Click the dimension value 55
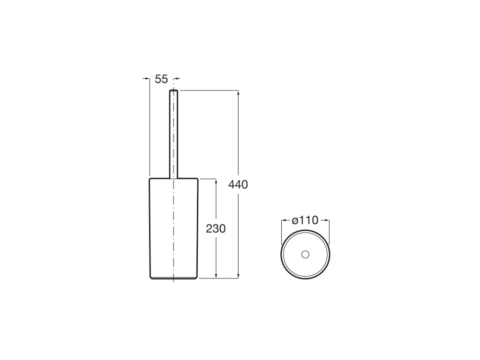tap(161, 79)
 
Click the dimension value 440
tap(238, 185)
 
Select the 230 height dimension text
tap(216, 229)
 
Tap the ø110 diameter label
tap(305, 220)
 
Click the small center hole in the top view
tap(305, 255)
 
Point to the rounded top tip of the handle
tap(173, 90)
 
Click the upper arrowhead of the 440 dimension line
tap(239, 93)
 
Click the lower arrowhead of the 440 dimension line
tap(239, 276)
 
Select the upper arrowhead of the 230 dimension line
tap(216, 181)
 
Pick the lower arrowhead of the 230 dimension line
tap(216, 276)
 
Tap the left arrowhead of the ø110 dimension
tap(284, 220)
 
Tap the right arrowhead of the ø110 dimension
tap(327, 220)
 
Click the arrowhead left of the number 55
tap(147, 79)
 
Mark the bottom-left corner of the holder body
tap(150, 277)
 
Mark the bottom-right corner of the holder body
tap(196, 277)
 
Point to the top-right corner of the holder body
tap(197, 179)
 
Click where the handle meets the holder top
tap(173, 178)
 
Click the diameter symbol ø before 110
tap(295, 220)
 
